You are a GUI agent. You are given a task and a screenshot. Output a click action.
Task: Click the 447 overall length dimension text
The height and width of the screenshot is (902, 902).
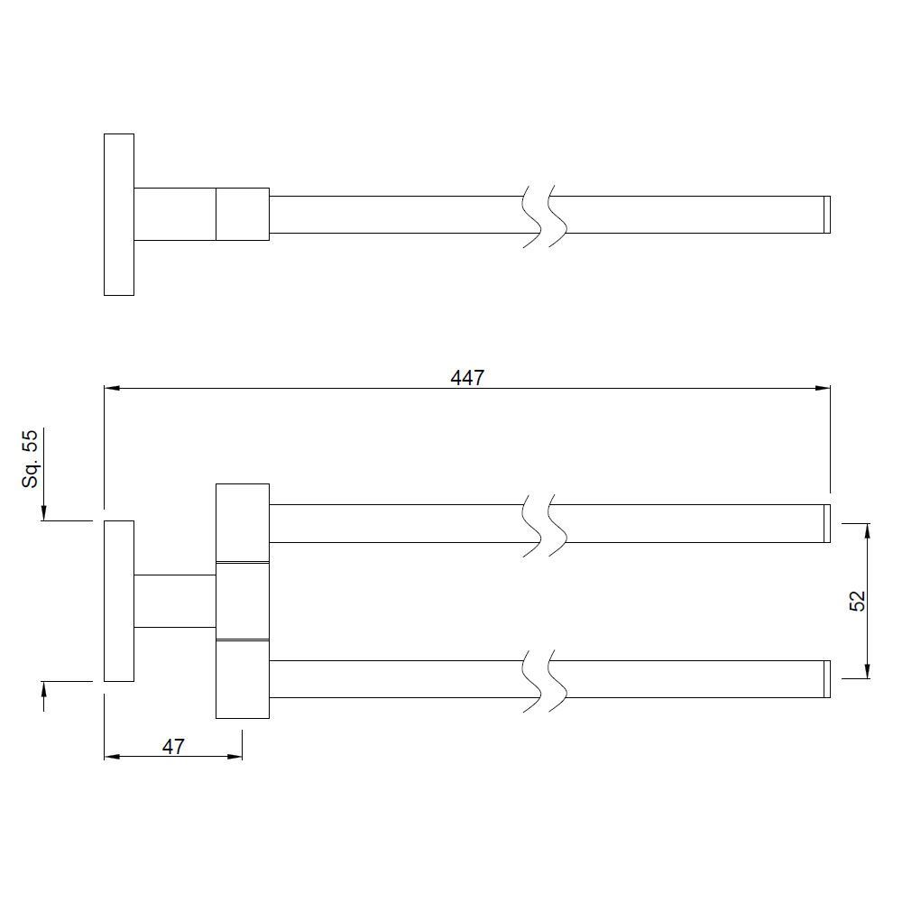point(467,377)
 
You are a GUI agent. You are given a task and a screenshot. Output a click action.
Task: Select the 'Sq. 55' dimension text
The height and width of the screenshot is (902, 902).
point(32,458)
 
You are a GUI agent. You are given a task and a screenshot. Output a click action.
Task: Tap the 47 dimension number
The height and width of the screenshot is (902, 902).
point(173,746)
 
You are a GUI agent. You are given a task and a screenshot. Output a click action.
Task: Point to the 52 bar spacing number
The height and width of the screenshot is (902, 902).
point(857,601)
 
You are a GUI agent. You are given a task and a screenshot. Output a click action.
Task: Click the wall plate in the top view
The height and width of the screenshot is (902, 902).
point(119,215)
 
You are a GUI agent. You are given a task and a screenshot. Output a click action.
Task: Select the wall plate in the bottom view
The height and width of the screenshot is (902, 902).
point(119,601)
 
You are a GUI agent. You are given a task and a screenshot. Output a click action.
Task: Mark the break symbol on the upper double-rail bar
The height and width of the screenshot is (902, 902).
point(545,523)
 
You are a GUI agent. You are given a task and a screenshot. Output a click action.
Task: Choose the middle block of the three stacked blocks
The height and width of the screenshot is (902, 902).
point(243,601)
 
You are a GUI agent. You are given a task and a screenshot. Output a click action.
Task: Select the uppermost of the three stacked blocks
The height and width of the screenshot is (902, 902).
point(243,522)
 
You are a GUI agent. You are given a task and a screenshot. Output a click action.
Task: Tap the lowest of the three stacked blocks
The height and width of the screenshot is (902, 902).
point(243,679)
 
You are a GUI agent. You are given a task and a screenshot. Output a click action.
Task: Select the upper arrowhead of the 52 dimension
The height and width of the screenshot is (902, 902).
point(868,529)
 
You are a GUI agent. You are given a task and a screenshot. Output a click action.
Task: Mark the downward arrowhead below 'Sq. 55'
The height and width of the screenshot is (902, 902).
point(43,513)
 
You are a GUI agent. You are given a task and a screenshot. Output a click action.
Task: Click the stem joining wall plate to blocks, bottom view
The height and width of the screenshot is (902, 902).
point(175,601)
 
